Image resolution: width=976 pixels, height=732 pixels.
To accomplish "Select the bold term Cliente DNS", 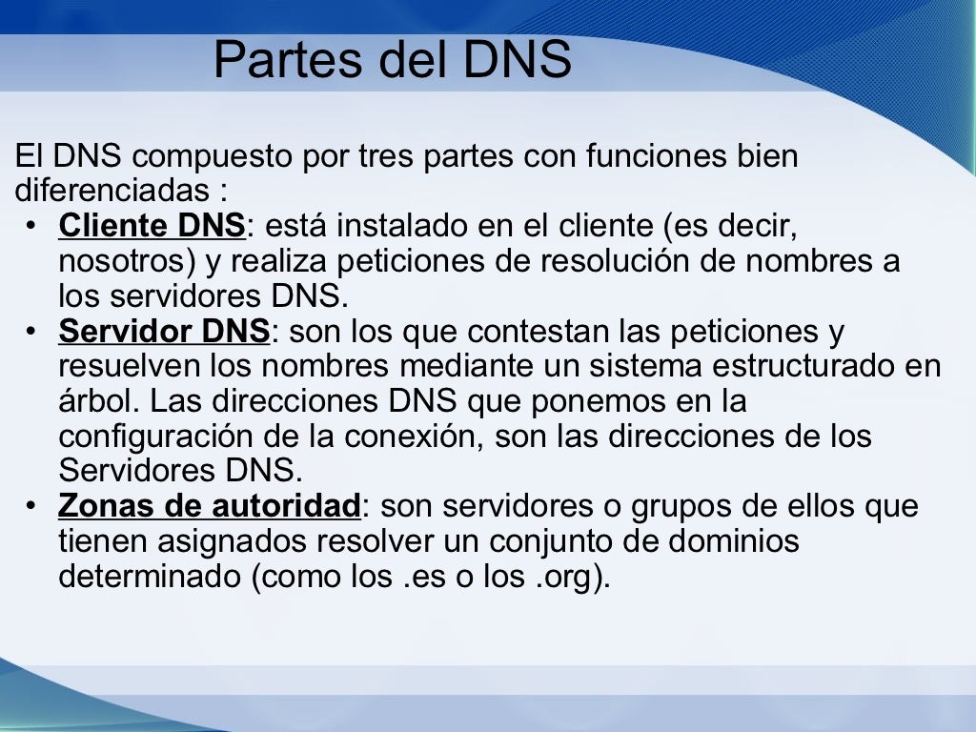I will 152,227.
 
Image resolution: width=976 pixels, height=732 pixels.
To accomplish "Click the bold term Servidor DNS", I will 164,332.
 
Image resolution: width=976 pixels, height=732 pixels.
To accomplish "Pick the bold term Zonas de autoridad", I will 209,506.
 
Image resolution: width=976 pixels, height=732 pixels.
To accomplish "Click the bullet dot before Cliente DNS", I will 31,228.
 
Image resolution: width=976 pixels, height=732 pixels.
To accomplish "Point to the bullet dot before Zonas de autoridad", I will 31,507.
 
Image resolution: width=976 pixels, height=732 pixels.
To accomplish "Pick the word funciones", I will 656,155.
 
